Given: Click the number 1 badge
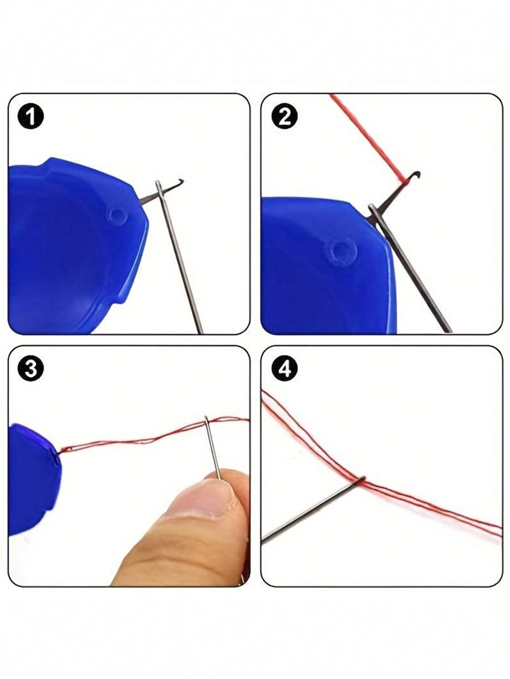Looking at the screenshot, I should click(31, 117).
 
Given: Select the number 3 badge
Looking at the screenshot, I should click(31, 369).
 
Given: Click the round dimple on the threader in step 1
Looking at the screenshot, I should click(118, 215).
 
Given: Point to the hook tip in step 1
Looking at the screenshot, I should click(180, 182).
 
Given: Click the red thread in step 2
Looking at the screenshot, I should click(368, 136).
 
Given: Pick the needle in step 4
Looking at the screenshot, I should click(312, 510).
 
